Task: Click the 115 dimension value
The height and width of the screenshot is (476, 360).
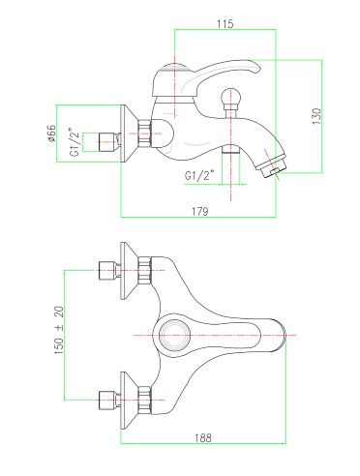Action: [x=225, y=24]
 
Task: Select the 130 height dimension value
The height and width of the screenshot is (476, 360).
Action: [x=316, y=117]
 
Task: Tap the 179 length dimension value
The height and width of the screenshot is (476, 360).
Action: [x=200, y=211]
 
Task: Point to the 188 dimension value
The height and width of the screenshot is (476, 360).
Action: [x=203, y=437]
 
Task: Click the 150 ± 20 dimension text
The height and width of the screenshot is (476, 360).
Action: [x=59, y=331]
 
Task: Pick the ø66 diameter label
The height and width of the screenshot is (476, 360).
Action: [x=51, y=134]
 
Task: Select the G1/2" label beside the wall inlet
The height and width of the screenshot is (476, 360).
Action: [x=75, y=143]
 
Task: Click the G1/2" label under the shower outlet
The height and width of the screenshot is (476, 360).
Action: [x=199, y=176]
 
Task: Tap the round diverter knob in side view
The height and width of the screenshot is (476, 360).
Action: [x=231, y=97]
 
